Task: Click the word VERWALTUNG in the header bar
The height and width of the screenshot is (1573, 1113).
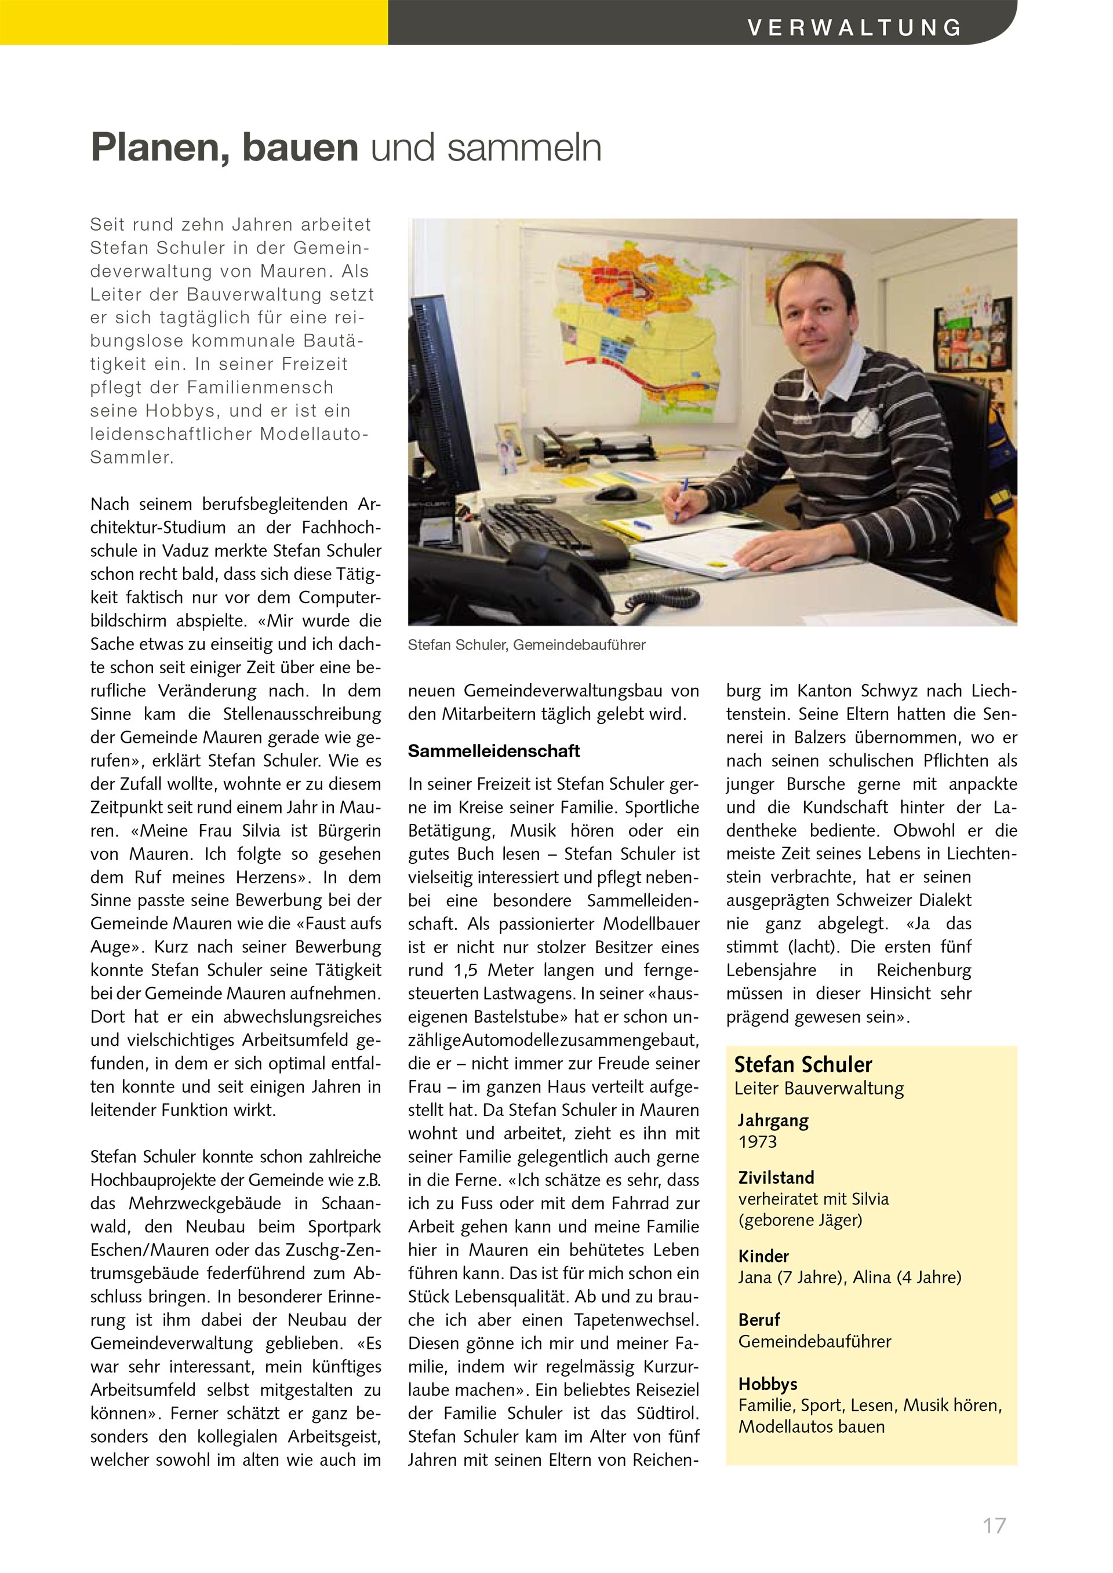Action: tap(854, 27)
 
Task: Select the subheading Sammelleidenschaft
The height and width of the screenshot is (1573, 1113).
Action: tap(493, 751)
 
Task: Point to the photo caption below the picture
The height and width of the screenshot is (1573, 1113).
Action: tap(526, 645)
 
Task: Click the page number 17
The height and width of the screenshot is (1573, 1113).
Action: tap(994, 1525)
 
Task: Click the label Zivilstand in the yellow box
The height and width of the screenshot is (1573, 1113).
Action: tap(776, 1178)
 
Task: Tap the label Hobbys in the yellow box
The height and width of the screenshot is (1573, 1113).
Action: tap(768, 1384)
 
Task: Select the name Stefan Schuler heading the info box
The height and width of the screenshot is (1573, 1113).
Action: tap(802, 1065)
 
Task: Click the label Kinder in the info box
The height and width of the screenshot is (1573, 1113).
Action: tap(763, 1256)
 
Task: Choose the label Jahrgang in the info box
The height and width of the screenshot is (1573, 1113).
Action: tap(773, 1120)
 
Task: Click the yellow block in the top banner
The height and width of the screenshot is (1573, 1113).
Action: tap(194, 22)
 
